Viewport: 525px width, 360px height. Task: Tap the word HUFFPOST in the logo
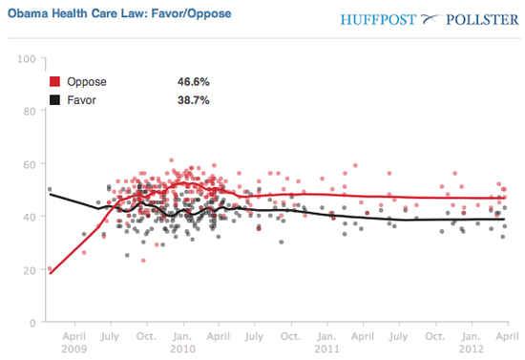377,17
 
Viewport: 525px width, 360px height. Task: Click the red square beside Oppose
55,82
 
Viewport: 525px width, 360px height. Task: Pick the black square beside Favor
55,99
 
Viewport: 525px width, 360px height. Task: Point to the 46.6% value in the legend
194,82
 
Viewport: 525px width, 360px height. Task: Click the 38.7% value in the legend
194,99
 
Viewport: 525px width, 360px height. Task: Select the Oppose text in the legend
86,82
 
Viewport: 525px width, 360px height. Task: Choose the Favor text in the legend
82,99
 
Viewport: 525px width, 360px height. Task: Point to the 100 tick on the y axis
26,59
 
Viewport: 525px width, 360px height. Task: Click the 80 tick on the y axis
29,111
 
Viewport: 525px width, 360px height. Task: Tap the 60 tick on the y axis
29,164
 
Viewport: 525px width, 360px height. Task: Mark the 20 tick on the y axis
29,270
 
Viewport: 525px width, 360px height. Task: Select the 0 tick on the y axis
31,323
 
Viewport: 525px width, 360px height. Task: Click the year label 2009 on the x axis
73,349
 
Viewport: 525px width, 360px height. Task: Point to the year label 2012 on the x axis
471,349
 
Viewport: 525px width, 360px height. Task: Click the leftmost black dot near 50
49,189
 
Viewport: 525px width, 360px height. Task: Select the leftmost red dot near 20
50,269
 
